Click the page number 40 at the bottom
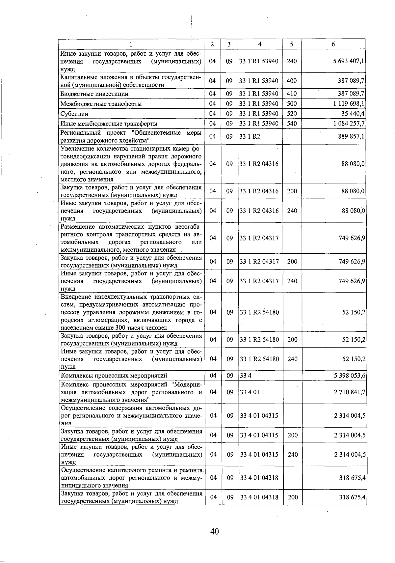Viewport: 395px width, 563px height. (x=215, y=531)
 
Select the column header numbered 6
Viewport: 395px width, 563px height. (x=333, y=44)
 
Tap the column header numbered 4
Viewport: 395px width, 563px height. (x=260, y=44)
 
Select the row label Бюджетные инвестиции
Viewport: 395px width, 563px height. (x=94, y=94)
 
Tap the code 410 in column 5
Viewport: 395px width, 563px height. (x=292, y=94)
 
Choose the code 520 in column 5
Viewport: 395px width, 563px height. (x=292, y=114)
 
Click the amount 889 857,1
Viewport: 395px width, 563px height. (x=351, y=136)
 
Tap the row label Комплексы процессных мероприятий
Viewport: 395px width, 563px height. (x=114, y=376)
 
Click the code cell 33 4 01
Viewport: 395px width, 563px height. (x=250, y=392)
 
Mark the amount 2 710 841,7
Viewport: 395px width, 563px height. (x=350, y=392)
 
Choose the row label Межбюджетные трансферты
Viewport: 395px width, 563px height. (x=101, y=104)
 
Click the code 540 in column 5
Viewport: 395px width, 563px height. (x=292, y=124)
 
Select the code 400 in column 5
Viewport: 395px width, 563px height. (x=292, y=81)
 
